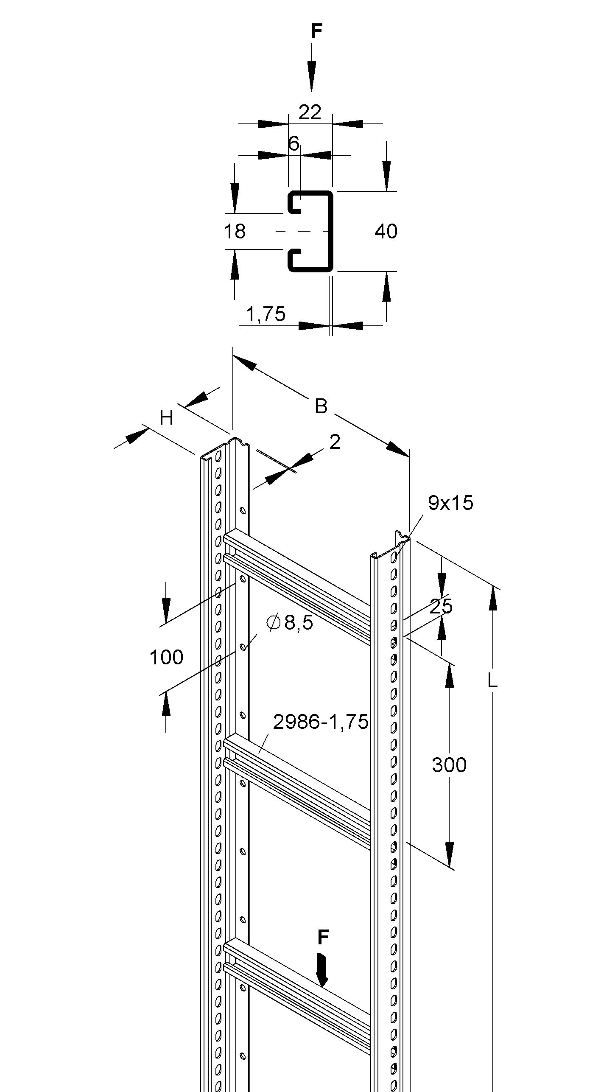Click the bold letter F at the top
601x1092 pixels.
pyautogui.click(x=316, y=31)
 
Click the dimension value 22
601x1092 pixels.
pyautogui.click(x=310, y=112)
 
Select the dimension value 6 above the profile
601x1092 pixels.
pyautogui.click(x=294, y=143)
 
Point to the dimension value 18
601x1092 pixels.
pyautogui.click(x=235, y=232)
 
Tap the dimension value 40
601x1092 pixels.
pyautogui.click(x=386, y=232)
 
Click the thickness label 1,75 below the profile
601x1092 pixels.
pyautogui.click(x=266, y=314)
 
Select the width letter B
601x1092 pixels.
pyautogui.click(x=321, y=406)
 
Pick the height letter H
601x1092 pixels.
pyautogui.click(x=167, y=418)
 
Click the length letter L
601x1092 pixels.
pyautogui.click(x=492, y=680)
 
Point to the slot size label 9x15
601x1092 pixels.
pyautogui.click(x=450, y=503)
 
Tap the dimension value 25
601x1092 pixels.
pyautogui.click(x=441, y=606)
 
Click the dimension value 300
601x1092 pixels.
pyautogui.click(x=449, y=765)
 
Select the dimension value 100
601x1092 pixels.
pyautogui.click(x=166, y=657)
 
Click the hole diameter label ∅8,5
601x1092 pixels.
pyautogui.click(x=290, y=622)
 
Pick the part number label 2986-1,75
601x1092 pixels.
pyautogui.click(x=321, y=722)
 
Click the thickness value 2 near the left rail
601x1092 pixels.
pyautogui.click(x=335, y=442)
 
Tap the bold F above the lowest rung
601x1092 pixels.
pyautogui.click(x=323, y=937)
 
